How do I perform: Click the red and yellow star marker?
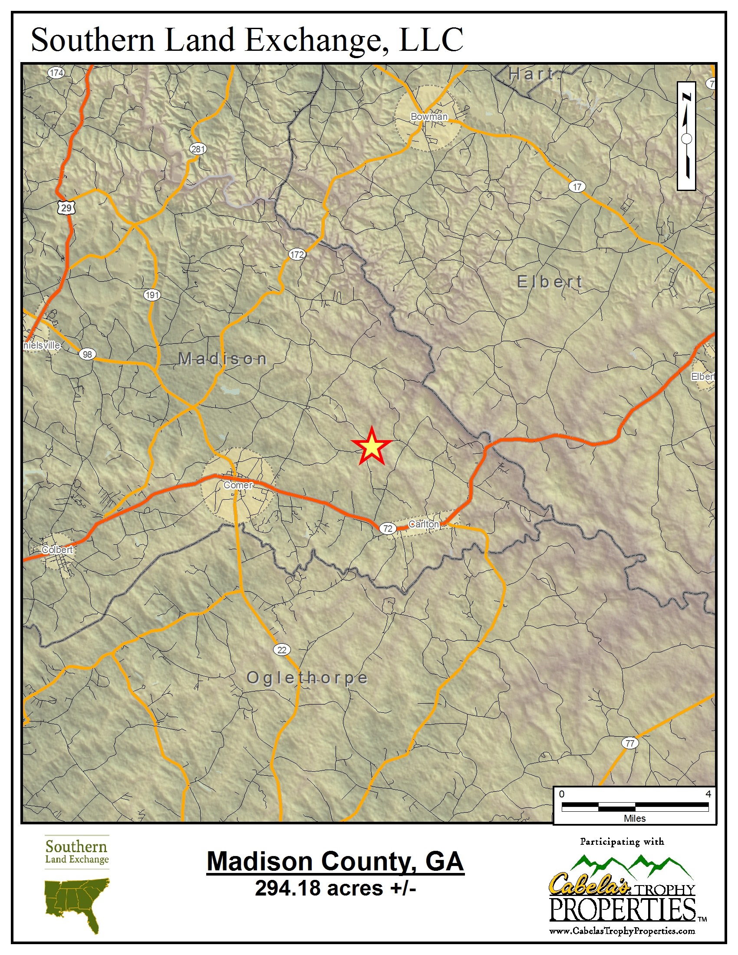click(x=371, y=446)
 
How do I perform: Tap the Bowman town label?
click(x=429, y=116)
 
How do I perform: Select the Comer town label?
click(x=238, y=485)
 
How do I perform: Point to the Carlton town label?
click(x=423, y=524)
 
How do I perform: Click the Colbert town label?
click(x=57, y=550)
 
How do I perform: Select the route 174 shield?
click(x=56, y=72)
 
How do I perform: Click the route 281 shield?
click(x=198, y=148)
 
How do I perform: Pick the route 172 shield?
click(x=297, y=254)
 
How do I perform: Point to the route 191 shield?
click(x=152, y=295)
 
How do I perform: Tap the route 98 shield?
click(x=87, y=354)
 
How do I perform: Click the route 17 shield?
click(x=577, y=187)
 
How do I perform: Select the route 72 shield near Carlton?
click(x=387, y=528)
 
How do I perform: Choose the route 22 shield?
click(x=282, y=650)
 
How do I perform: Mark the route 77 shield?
click(x=629, y=743)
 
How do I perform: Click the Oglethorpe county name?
click(x=307, y=678)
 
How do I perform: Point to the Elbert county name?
click(x=550, y=282)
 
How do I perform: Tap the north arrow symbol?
click(x=686, y=136)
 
